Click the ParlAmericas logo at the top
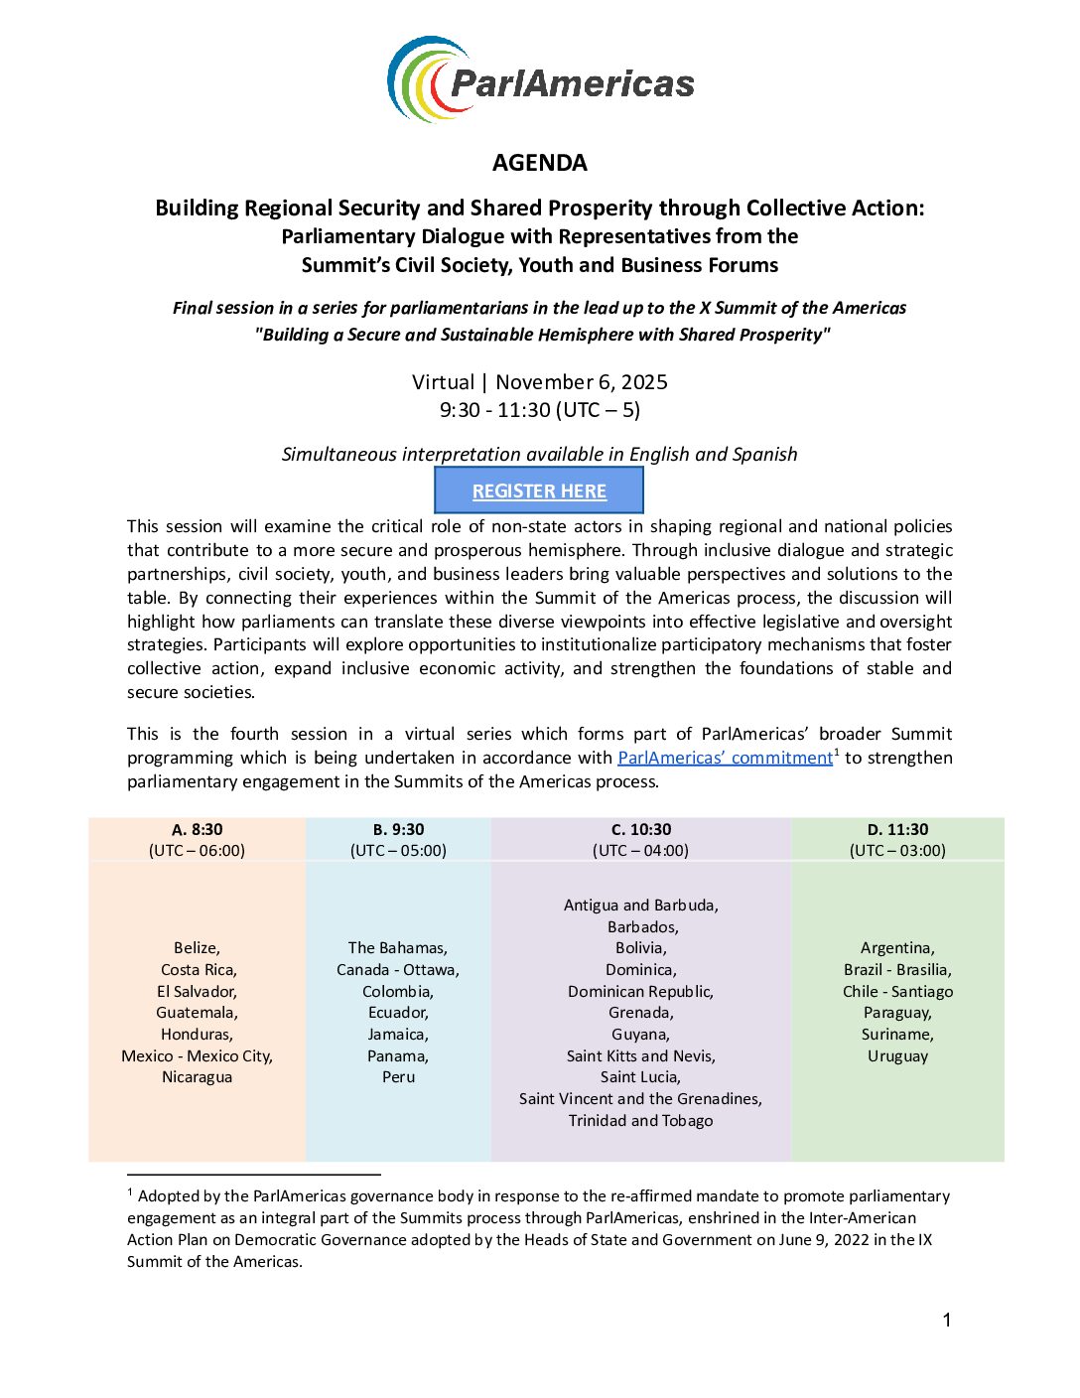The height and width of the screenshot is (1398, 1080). (540, 80)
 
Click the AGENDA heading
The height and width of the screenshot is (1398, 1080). (540, 163)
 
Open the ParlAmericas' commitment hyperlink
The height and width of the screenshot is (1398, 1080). (725, 758)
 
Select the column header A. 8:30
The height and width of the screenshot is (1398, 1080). (197, 829)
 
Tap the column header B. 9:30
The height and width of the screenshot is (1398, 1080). (398, 829)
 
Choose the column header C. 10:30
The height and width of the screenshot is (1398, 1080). (640, 829)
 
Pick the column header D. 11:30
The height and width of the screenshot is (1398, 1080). (897, 829)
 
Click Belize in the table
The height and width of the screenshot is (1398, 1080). (197, 948)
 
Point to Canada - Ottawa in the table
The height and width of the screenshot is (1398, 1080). (398, 970)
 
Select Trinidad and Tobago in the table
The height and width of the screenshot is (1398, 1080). (640, 1121)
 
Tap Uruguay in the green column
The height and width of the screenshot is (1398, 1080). (897, 1056)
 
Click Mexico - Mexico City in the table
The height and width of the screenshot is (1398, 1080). (197, 1056)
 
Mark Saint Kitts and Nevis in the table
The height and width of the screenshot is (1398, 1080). (640, 1056)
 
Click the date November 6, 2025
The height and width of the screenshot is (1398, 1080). (582, 382)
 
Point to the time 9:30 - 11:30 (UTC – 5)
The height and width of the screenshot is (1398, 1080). (540, 410)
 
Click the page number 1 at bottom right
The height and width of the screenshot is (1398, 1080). (947, 1320)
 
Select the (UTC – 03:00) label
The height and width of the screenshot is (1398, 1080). (897, 851)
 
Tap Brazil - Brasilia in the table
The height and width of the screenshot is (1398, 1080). (897, 970)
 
